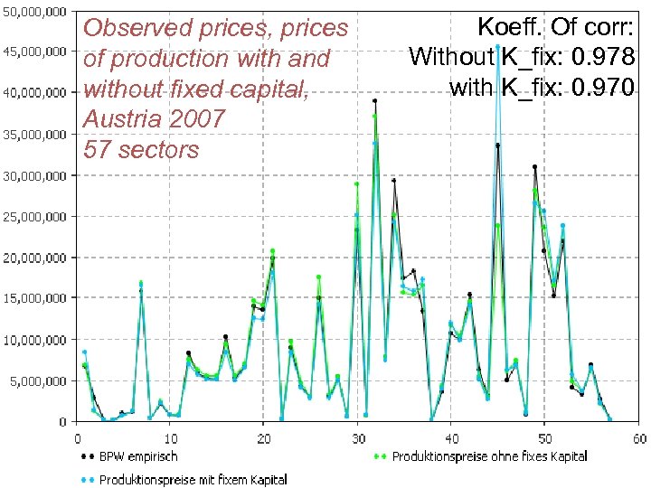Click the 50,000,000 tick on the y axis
point(35,12)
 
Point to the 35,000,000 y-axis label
point(35,134)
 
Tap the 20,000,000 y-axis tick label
point(35,258)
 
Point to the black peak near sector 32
point(375,100)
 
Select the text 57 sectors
point(140,149)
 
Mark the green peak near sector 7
point(141,283)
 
